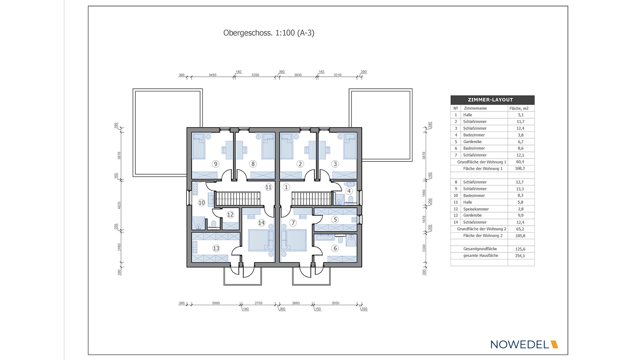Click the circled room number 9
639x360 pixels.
click(x=215, y=164)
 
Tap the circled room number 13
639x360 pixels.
click(x=216, y=249)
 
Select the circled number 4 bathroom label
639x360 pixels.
click(x=349, y=191)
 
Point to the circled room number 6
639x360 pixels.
click(x=335, y=249)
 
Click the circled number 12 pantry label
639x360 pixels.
click(x=230, y=215)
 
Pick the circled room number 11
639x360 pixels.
click(x=268, y=187)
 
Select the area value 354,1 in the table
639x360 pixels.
click(x=520, y=256)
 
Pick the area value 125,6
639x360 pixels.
click(x=520, y=249)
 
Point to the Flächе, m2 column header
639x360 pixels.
click(x=519, y=109)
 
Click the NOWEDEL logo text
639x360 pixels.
click(x=520, y=344)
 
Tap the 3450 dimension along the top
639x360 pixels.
click(x=212, y=75)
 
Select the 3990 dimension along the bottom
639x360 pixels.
click(x=216, y=303)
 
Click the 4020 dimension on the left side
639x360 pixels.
click(x=119, y=205)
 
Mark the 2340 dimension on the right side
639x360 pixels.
click(x=424, y=248)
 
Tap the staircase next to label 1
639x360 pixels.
click(x=312, y=199)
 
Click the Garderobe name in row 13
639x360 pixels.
click(x=472, y=215)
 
